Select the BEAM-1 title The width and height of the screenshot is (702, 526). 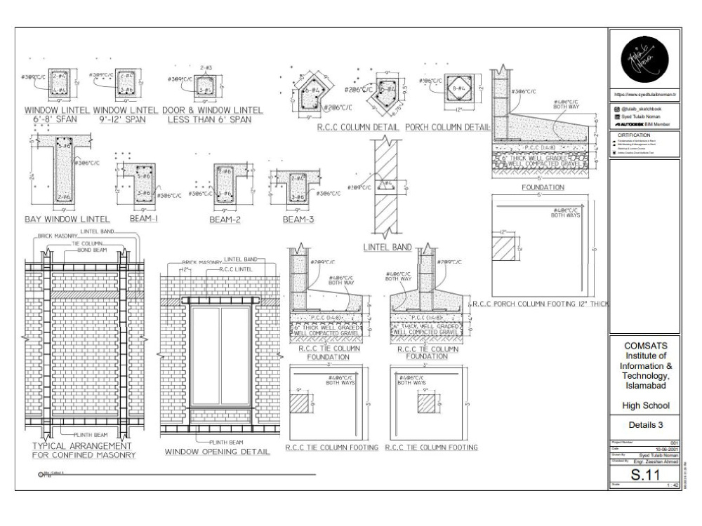[143, 219]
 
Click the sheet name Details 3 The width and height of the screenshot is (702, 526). [644, 424]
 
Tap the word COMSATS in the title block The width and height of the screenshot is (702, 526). [644, 346]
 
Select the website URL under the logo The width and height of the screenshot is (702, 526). [644, 93]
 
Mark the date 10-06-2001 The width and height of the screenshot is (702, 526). [664, 450]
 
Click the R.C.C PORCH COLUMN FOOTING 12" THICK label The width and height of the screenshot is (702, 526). [539, 304]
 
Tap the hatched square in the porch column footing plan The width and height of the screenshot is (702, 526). [505, 247]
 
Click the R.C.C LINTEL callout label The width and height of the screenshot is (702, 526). [235, 269]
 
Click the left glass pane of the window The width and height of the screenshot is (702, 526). [206, 357]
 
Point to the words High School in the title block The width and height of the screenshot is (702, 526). [644, 405]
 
